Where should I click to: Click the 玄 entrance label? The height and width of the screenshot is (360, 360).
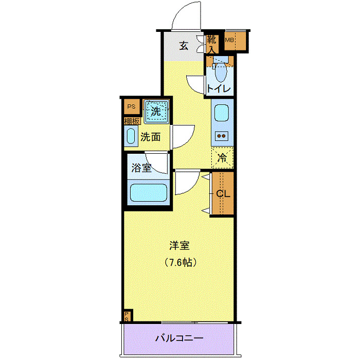pos(184,46)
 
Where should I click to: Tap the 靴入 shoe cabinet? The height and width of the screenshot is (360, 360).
pos(211,44)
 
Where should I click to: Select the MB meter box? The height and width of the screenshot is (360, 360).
pos(229,40)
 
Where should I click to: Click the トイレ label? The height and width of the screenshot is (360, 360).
pos(218,88)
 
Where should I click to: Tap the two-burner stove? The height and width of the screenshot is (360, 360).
pos(222,136)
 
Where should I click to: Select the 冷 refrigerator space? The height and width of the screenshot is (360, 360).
pos(222,158)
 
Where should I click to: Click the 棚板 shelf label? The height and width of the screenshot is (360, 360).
pos(132,121)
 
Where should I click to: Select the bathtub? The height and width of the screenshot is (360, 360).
pos(149,193)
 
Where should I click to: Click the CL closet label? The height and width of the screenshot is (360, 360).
pos(222,194)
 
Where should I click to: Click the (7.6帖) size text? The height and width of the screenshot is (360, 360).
pos(179,262)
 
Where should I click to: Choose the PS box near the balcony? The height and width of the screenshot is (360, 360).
pos(127,315)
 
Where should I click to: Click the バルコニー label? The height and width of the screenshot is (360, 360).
pos(179,338)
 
